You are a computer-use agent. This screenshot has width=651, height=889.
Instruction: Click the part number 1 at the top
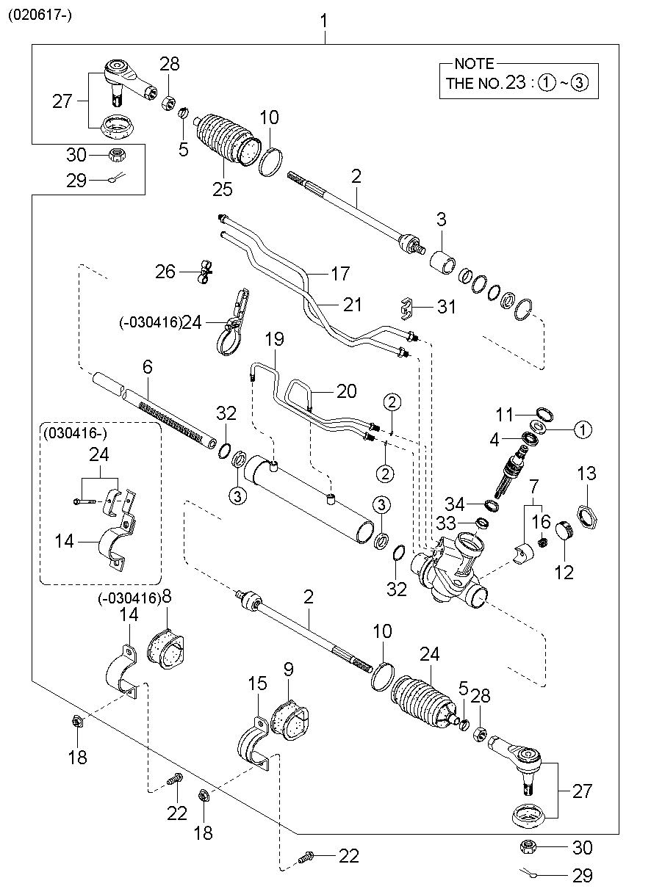[324, 23]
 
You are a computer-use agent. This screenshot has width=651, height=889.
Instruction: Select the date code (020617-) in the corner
[40, 15]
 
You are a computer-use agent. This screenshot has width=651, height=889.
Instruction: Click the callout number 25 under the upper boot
[222, 189]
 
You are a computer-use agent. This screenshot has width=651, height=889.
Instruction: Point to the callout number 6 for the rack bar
[147, 366]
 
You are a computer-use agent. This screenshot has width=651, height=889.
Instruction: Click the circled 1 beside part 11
[582, 429]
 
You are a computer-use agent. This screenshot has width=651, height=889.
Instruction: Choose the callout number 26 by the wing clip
[165, 272]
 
